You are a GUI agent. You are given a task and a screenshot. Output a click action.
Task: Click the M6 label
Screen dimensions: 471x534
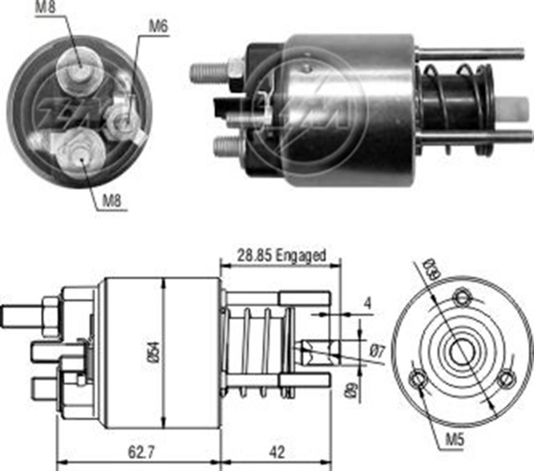(159, 27)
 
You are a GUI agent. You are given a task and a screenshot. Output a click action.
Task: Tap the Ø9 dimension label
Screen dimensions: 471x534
(353, 386)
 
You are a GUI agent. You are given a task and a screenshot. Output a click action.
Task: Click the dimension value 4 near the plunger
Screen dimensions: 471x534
(367, 304)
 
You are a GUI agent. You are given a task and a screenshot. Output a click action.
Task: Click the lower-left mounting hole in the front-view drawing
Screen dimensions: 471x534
(419, 382)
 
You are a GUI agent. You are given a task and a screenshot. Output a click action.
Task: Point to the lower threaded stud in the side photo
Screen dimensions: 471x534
(226, 146)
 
